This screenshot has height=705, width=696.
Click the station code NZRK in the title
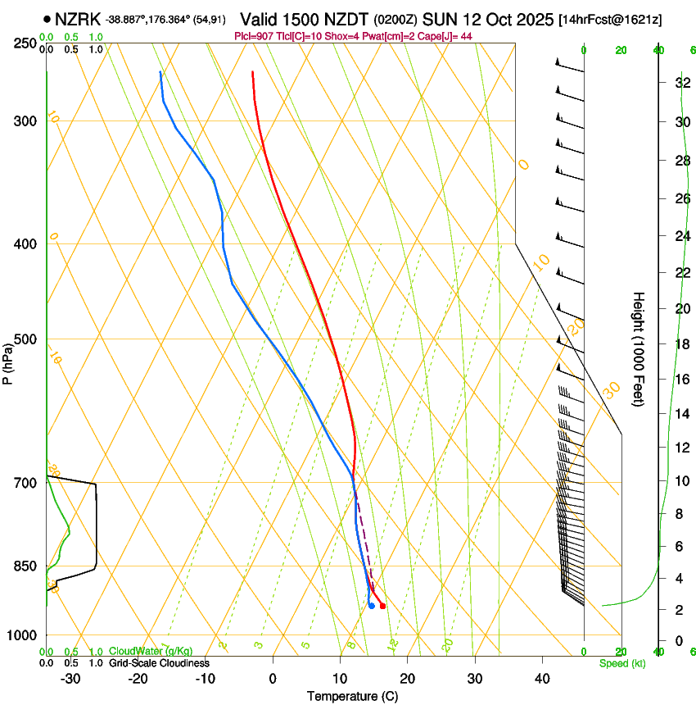[78, 19]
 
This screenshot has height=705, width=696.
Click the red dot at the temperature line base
[382, 606]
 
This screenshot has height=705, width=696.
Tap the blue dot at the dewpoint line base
[372, 606]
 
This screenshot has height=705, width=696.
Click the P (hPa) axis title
[7, 362]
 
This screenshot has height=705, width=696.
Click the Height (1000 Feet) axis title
[640, 348]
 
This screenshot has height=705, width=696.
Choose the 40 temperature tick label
[541, 679]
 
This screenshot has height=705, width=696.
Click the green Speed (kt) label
[621, 662]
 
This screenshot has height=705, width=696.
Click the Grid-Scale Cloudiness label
[159, 662]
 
